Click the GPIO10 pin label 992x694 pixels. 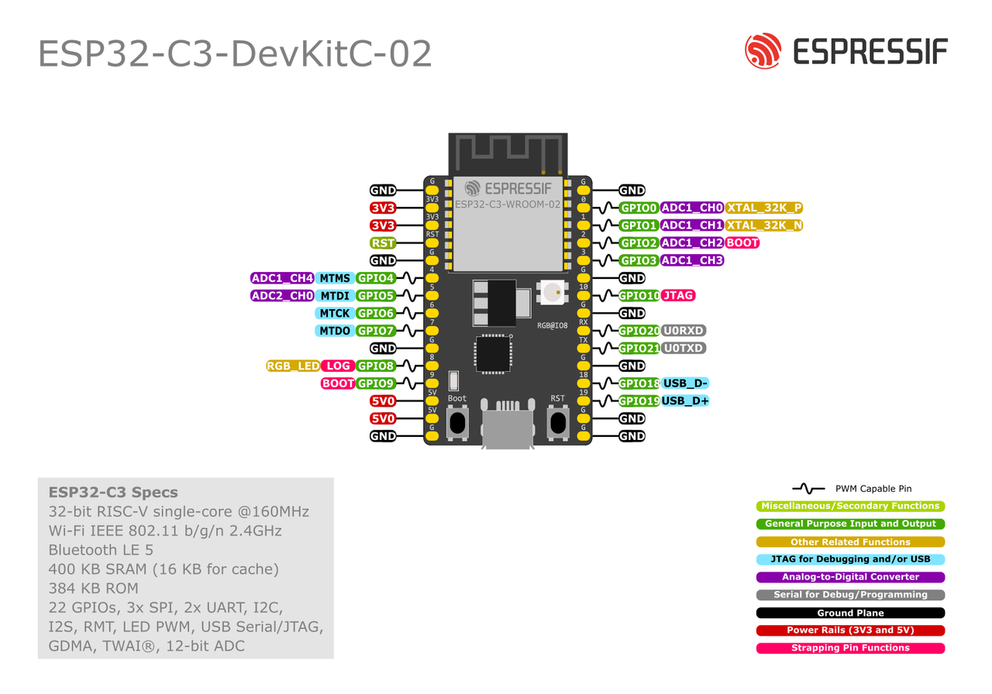(x=639, y=295)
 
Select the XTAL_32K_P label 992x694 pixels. (x=764, y=208)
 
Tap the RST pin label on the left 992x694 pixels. (x=383, y=242)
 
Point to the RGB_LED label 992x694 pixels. (x=293, y=366)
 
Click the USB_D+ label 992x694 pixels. (x=685, y=400)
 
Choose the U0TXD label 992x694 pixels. (x=684, y=348)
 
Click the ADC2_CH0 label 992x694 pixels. (x=282, y=295)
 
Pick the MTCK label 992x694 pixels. (x=335, y=313)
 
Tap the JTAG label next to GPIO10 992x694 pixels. (x=678, y=295)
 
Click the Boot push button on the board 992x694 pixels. (x=457, y=422)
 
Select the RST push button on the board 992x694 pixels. (x=557, y=422)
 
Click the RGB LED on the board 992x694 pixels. (x=552, y=292)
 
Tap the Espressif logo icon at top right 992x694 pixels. (x=763, y=51)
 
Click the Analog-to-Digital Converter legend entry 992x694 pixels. (x=850, y=577)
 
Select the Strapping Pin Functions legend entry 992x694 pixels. (x=850, y=648)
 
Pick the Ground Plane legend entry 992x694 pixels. (x=850, y=613)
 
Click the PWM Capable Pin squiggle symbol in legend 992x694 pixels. (x=808, y=489)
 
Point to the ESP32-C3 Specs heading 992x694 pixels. (x=113, y=492)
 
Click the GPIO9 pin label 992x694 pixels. (x=376, y=383)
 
